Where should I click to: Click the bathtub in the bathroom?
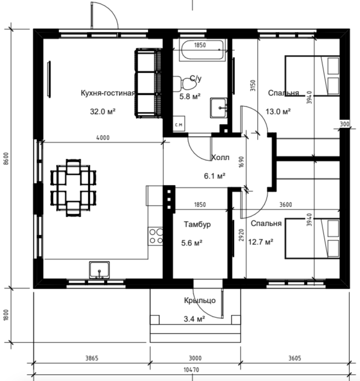click(x=203, y=50)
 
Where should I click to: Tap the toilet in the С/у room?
click(x=185, y=84)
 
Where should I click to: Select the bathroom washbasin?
click(x=219, y=108)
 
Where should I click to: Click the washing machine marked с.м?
click(x=179, y=124)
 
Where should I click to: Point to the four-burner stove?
click(x=156, y=236)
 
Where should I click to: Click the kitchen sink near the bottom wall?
click(x=99, y=270)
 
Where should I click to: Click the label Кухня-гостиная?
click(x=107, y=93)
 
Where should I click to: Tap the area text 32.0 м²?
click(x=103, y=111)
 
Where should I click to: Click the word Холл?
click(x=220, y=157)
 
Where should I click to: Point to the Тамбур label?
click(x=197, y=224)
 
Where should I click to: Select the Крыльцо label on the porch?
click(x=200, y=301)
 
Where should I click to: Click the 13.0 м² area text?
click(x=278, y=111)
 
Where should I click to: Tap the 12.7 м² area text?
click(x=261, y=242)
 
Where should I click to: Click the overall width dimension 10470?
click(x=191, y=370)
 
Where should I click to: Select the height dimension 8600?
click(x=6, y=158)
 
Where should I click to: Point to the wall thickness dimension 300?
click(x=344, y=124)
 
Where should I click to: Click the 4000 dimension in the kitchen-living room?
click(x=103, y=138)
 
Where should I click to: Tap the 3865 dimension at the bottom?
click(x=92, y=358)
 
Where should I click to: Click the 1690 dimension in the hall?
click(x=241, y=162)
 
